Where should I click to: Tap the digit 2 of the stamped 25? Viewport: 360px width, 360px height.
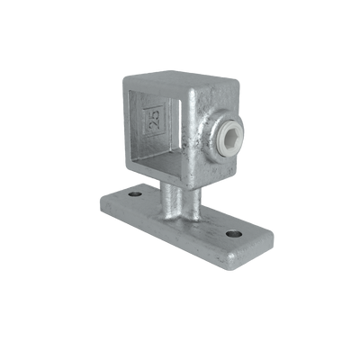[156, 115]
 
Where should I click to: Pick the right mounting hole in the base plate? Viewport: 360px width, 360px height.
[234, 234]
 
